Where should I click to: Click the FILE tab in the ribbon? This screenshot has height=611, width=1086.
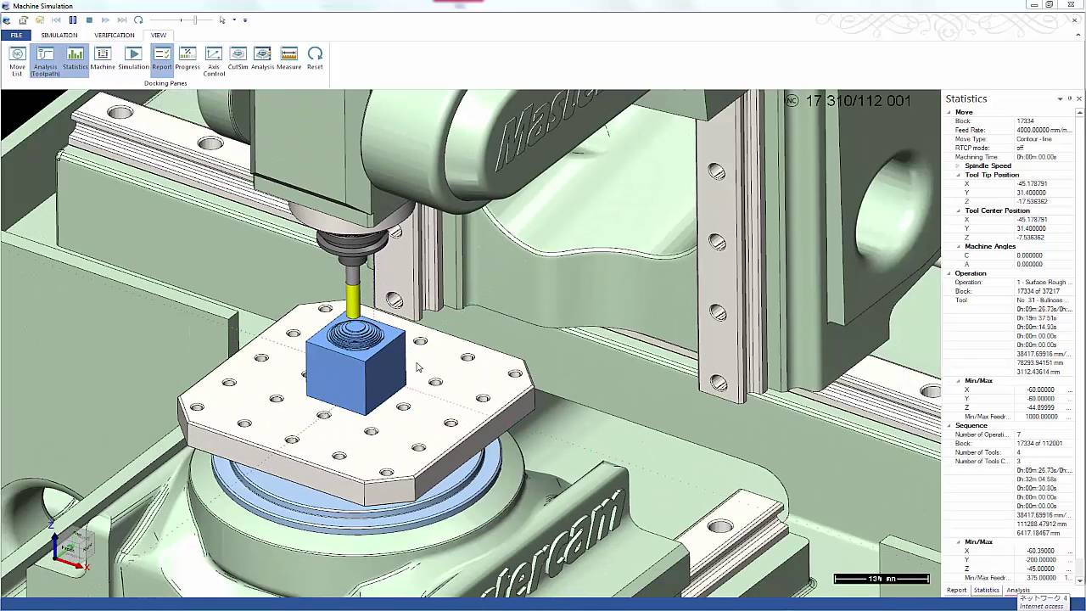16,36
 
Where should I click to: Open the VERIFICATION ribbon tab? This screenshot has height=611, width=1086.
114,36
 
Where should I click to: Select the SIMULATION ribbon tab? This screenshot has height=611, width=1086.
59,36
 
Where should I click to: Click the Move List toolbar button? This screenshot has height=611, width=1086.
17,59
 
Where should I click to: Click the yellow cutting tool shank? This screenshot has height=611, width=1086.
353,301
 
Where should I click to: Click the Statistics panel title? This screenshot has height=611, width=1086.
966,99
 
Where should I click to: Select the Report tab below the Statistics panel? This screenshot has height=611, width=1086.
956,590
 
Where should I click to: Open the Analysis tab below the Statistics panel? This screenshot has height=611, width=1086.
1017,590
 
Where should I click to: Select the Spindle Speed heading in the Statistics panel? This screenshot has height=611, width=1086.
988,165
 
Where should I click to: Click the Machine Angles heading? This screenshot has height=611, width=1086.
989,246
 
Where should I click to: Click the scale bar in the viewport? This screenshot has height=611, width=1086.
881,579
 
